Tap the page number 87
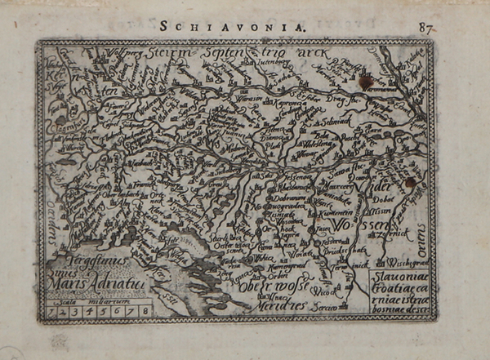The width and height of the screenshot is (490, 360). (x=425, y=27)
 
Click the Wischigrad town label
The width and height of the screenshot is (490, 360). (x=395, y=264)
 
